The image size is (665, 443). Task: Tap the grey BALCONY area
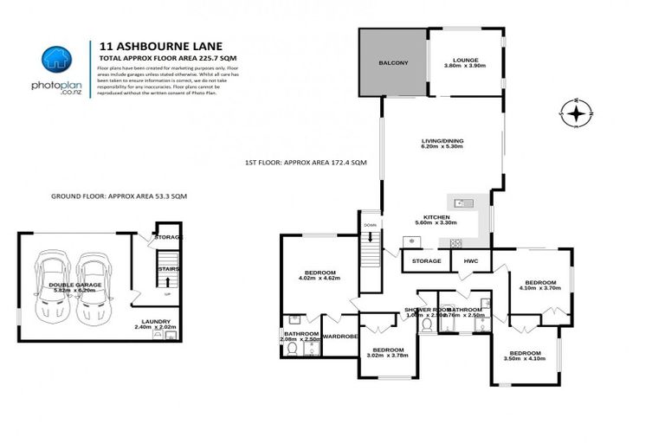point(393,63)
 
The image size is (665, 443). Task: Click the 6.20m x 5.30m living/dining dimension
point(442,147)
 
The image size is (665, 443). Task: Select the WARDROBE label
point(339,337)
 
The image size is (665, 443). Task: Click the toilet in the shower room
point(425,325)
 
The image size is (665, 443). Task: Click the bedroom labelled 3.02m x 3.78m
point(387,352)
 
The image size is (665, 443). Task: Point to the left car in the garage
point(51,287)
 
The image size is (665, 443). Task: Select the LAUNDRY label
point(157,322)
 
